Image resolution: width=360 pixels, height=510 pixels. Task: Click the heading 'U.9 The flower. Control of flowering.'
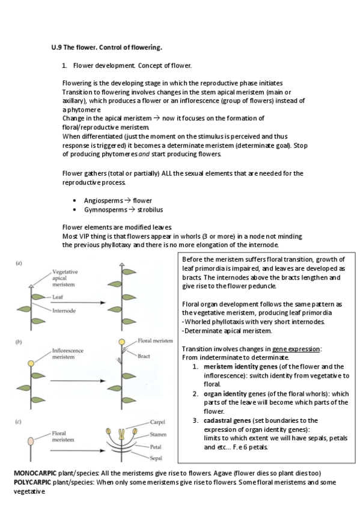point(106,48)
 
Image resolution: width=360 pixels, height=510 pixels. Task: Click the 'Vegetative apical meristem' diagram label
point(65,278)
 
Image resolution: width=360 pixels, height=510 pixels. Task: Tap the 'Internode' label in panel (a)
point(64,311)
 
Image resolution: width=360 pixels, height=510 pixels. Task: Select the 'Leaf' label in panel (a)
point(58,297)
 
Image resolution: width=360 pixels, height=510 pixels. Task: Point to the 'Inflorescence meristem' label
point(67,354)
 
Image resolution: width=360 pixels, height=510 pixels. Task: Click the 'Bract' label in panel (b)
point(144,356)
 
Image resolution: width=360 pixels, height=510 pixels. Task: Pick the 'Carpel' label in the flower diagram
point(157,422)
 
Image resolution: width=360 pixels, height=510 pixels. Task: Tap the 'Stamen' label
point(158,435)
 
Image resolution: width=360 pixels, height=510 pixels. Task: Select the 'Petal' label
point(156,447)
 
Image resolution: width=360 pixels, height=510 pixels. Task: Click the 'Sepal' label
point(156,458)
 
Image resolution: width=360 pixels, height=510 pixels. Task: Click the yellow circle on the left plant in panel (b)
point(31,363)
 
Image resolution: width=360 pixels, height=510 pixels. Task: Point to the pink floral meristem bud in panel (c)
point(31,441)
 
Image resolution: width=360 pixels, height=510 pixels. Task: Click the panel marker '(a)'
point(19,263)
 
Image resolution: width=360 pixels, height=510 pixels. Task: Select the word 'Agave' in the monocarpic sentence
point(224,473)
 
